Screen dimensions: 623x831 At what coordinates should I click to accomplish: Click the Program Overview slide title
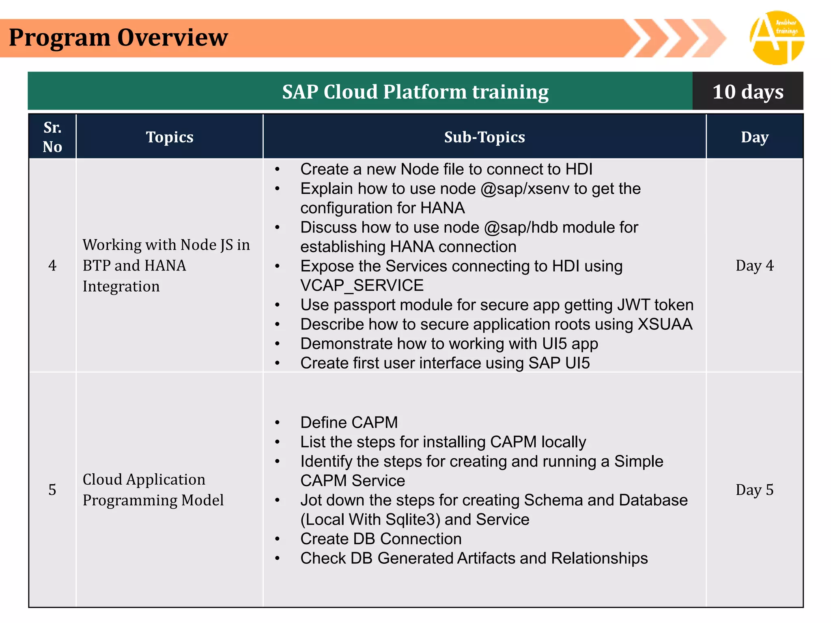118,38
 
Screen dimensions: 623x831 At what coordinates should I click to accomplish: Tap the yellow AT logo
777,38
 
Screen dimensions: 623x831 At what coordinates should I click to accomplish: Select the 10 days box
747,92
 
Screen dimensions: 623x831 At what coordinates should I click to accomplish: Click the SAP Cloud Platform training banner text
415,92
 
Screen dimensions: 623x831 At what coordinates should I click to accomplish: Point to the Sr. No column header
52,137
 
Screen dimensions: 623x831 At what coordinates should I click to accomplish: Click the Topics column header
170,137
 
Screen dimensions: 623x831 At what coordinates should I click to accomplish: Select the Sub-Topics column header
484,137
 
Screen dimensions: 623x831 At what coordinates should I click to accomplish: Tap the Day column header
754,137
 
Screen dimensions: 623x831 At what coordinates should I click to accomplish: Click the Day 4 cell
754,266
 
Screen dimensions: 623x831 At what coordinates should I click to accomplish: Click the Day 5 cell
754,490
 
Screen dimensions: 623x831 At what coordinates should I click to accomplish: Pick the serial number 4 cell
52,266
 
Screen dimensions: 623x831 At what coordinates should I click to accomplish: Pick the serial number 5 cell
52,490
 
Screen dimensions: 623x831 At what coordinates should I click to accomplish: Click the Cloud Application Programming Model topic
153,490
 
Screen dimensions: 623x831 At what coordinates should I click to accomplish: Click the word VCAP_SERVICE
362,286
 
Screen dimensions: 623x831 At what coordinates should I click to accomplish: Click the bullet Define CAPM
349,423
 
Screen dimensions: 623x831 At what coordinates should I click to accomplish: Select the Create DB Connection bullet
381,539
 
